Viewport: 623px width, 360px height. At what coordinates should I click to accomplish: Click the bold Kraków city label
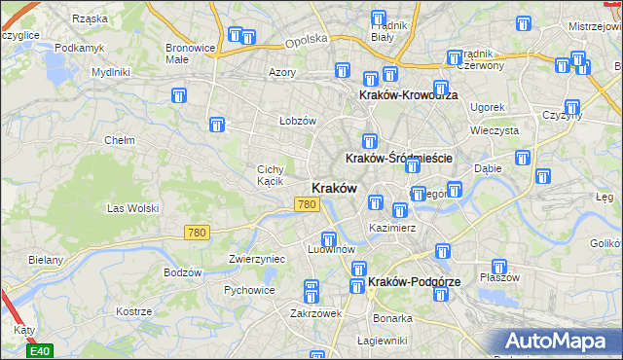(x=334, y=188)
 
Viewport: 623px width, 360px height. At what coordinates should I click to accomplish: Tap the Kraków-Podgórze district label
(x=415, y=281)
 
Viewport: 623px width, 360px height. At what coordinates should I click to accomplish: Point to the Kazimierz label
(x=392, y=228)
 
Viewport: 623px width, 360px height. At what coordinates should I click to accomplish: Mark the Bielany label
(x=46, y=260)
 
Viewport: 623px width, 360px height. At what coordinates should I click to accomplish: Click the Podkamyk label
(x=79, y=47)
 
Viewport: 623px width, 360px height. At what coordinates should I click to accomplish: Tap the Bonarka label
(x=391, y=318)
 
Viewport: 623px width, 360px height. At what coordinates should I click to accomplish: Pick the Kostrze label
(x=132, y=311)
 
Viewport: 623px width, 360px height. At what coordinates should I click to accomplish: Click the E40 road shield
(x=40, y=351)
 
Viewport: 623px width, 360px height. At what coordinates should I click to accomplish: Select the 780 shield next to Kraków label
(x=307, y=203)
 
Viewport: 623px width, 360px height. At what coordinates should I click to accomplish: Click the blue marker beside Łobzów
(x=217, y=126)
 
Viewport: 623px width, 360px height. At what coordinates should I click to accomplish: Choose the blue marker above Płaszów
(x=499, y=267)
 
